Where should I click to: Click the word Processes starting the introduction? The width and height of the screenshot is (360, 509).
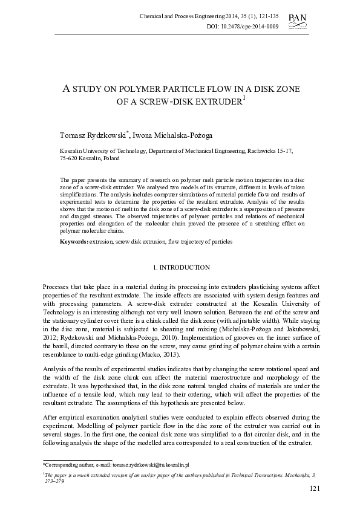click(57, 285)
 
